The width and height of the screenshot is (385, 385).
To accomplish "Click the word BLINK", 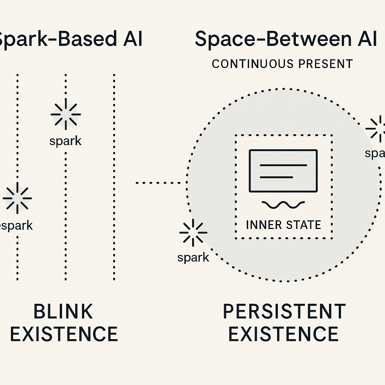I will (63, 311).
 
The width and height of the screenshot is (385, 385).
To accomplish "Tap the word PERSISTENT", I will (284, 311).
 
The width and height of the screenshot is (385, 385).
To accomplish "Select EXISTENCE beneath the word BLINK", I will (64, 334).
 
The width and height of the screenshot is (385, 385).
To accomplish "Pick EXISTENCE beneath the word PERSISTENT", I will (283, 334).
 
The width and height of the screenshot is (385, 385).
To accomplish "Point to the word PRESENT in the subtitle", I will (326, 64).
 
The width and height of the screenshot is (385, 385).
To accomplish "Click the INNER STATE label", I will (283, 225).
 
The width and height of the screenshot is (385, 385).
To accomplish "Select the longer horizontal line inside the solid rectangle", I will (283, 165).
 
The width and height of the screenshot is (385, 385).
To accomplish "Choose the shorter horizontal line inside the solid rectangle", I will (276, 177).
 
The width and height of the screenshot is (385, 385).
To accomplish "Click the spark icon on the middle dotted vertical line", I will (66, 114).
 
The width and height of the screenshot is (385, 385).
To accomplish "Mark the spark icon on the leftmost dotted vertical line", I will (17, 198).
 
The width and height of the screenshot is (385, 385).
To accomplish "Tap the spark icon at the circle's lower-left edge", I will (193, 233).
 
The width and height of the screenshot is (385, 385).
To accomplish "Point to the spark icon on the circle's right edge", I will (376, 129).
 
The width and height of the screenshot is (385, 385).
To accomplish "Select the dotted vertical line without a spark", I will (114, 177).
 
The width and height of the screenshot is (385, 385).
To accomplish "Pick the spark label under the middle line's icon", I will (65, 141).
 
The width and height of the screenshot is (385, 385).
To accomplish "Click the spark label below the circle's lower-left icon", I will (193, 258).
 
